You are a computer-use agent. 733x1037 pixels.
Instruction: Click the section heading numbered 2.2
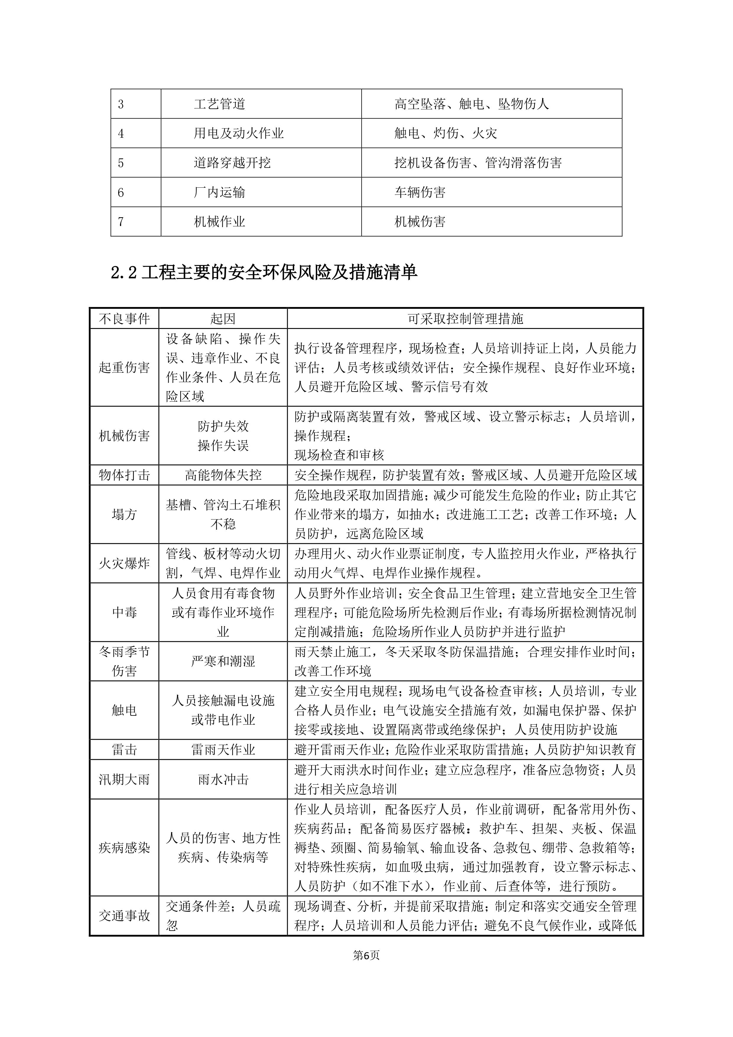click(x=264, y=272)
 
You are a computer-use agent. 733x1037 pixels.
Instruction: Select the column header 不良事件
click(x=124, y=319)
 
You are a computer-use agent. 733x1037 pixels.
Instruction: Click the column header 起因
click(x=223, y=319)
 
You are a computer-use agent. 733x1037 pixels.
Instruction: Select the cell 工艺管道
click(x=220, y=104)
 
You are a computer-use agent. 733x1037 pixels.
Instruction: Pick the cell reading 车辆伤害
click(x=420, y=192)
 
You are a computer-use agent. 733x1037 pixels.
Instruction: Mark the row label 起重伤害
click(x=124, y=367)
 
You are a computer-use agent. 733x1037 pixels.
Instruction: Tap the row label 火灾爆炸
click(x=124, y=563)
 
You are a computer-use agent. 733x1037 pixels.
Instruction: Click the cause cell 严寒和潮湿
click(x=223, y=661)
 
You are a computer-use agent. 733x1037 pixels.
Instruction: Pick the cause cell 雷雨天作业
click(x=223, y=750)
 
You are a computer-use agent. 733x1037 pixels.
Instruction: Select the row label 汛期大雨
click(x=124, y=779)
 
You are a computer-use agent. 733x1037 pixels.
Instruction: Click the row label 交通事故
click(x=124, y=916)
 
